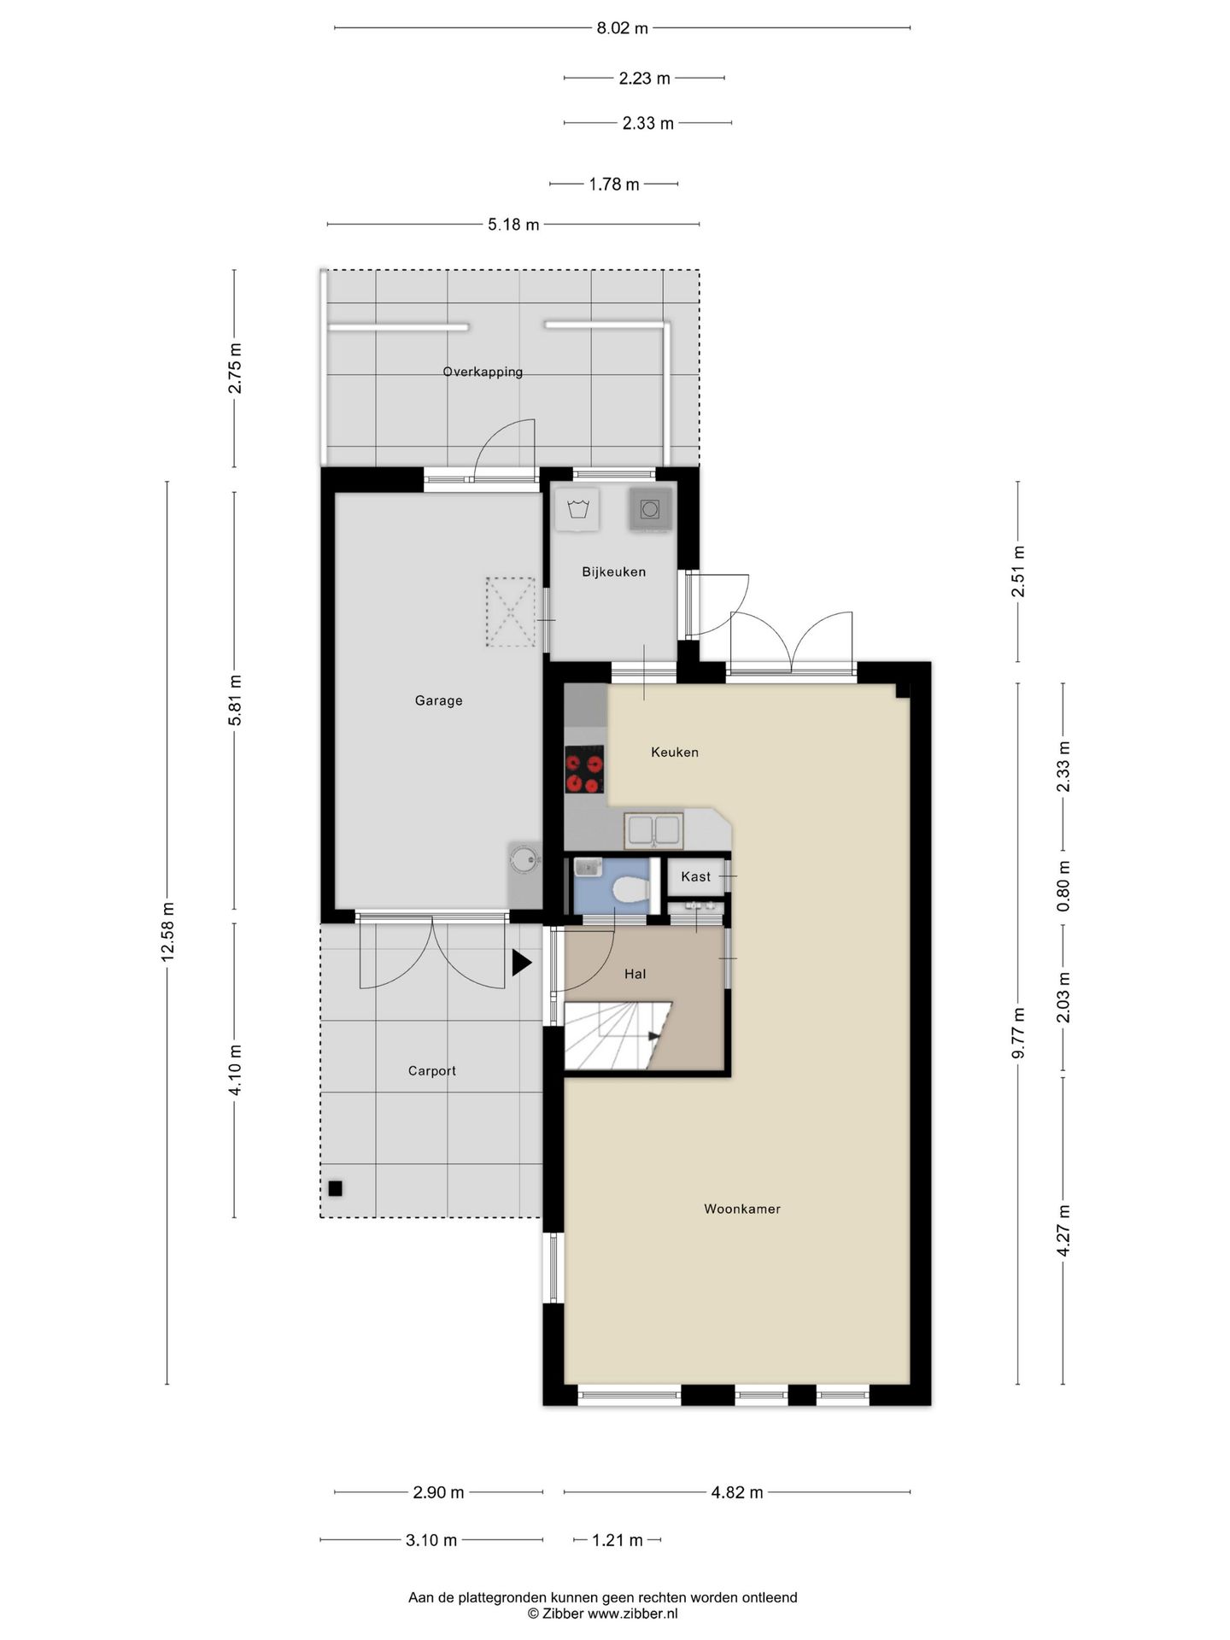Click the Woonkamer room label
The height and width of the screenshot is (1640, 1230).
click(x=741, y=1209)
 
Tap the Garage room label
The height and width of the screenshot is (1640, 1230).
click(x=438, y=700)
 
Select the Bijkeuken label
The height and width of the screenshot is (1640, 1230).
click(x=613, y=571)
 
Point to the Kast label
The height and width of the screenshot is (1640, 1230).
click(x=695, y=876)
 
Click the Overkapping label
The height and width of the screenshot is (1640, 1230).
click(x=483, y=372)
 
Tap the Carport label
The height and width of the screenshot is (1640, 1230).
click(x=431, y=1070)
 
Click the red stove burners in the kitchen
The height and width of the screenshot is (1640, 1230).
click(x=584, y=770)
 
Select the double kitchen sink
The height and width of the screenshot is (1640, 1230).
click(x=653, y=830)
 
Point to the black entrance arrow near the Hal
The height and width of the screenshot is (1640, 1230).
click(x=521, y=963)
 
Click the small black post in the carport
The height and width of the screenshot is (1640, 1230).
click(x=335, y=1188)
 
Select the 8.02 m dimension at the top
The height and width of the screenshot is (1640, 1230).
click(x=622, y=28)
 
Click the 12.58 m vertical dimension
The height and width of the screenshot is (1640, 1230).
click(x=167, y=931)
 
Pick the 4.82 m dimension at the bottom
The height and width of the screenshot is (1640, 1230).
click(x=736, y=1492)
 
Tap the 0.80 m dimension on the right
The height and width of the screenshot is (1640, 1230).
click(x=1063, y=886)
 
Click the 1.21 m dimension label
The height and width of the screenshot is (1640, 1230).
click(x=618, y=1540)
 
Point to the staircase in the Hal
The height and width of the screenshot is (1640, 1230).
click(x=617, y=1035)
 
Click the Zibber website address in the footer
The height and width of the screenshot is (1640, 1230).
click(x=632, y=1614)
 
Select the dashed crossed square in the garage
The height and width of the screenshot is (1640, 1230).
click(x=510, y=612)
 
